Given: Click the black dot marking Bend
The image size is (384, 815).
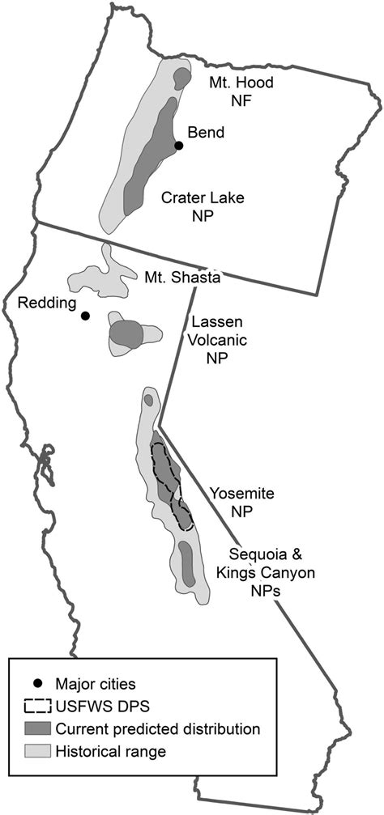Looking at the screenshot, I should click(178, 146).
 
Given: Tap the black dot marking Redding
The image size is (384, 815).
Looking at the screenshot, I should click(85, 316).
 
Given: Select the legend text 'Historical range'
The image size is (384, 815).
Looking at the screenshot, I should click(111, 751).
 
